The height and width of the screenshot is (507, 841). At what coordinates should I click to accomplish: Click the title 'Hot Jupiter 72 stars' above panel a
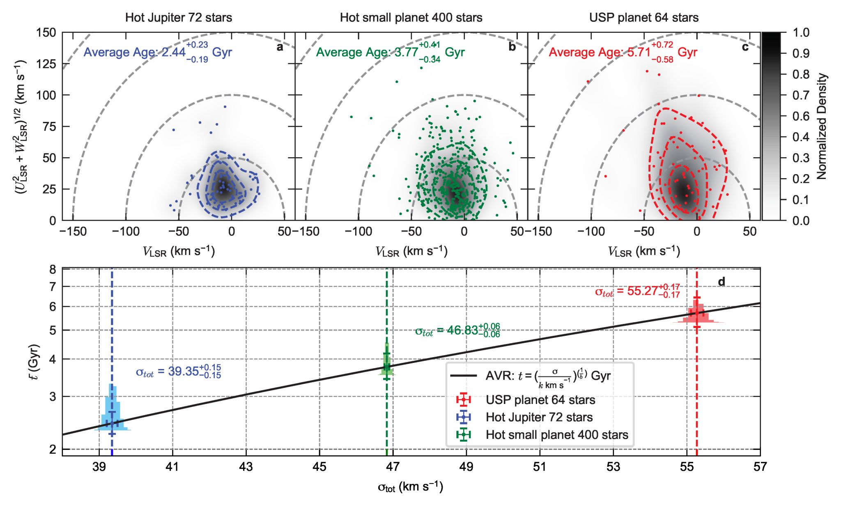[179, 18]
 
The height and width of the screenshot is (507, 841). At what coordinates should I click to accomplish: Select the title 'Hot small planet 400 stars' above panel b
[411, 18]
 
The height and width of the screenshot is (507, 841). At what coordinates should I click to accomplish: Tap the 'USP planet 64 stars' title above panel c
[643, 18]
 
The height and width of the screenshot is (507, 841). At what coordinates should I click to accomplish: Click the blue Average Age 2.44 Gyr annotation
[158, 53]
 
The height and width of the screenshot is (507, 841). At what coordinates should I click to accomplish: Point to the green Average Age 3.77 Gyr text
[390, 53]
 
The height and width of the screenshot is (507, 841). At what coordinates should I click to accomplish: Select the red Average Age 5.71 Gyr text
[623, 53]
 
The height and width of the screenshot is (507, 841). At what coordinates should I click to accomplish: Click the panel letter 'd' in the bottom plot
[721, 282]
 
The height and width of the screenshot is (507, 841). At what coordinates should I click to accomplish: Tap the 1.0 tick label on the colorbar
[801, 32]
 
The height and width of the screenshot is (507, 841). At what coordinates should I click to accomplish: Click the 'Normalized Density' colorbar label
[822, 126]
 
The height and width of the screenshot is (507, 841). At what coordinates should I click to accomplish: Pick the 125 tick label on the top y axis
[46, 64]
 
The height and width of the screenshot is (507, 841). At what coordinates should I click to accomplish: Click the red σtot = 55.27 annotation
[637, 291]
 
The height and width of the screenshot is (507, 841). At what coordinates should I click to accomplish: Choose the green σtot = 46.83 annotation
[457, 330]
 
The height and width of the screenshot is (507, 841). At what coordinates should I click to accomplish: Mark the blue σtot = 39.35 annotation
[178, 372]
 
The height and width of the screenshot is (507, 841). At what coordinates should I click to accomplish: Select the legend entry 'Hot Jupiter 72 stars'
[539, 418]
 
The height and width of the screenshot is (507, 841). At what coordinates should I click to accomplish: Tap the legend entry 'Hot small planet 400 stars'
[556, 435]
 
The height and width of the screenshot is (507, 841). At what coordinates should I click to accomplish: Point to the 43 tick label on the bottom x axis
[246, 467]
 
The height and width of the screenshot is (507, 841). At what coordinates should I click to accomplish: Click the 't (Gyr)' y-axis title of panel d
[35, 362]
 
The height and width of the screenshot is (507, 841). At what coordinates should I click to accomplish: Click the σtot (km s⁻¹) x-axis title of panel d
[410, 487]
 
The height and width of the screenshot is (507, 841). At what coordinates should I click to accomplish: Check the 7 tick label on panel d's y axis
[53, 287]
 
